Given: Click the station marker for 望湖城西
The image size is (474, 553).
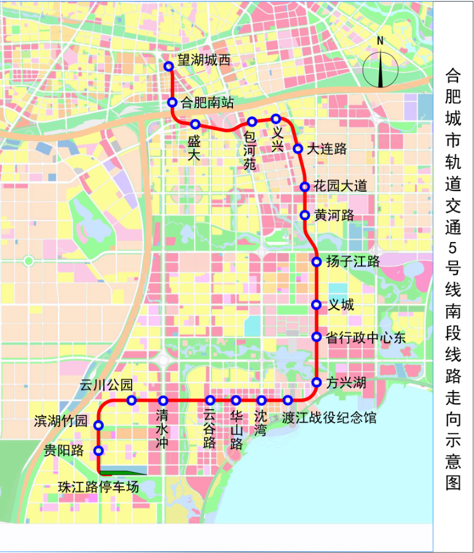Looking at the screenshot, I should (169, 66).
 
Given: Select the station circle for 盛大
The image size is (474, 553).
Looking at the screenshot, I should (196, 124).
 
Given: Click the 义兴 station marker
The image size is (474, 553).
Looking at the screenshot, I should (276, 119).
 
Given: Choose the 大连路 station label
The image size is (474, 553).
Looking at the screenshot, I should (327, 149).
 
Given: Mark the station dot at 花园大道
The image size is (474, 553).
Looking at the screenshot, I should (304, 187).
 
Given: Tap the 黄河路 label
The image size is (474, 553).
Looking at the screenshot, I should (334, 216).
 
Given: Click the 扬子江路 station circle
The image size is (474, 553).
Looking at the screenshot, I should (317, 262).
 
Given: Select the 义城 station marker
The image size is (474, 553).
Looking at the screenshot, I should (316, 305).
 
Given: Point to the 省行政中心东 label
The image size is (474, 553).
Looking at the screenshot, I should (366, 337).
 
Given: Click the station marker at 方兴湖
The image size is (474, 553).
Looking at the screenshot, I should (317, 382).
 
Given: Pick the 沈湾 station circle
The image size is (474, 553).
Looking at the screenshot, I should (262, 401).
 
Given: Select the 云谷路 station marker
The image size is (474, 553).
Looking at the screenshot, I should (210, 401).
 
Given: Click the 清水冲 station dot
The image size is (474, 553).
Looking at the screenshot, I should (164, 401).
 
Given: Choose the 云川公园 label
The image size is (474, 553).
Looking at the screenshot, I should (106, 385).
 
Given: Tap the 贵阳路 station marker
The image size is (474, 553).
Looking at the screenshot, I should (98, 450).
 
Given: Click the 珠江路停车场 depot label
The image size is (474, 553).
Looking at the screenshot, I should (98, 487).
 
